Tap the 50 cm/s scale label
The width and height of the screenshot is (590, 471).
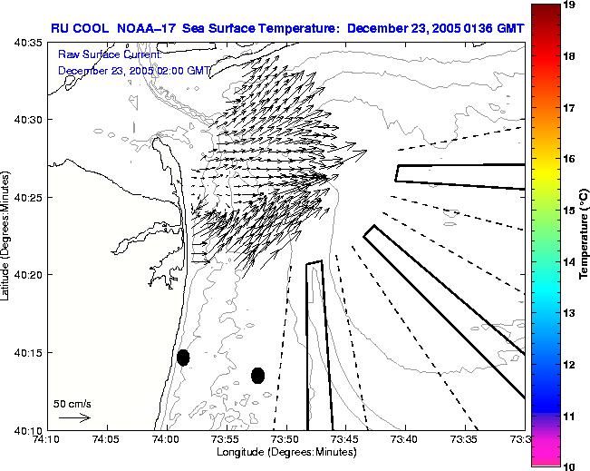click(72, 403)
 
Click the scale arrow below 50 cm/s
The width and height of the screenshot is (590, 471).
click(73, 417)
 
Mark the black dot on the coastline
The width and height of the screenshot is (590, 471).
click(183, 358)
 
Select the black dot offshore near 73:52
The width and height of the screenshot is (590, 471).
click(257, 375)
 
